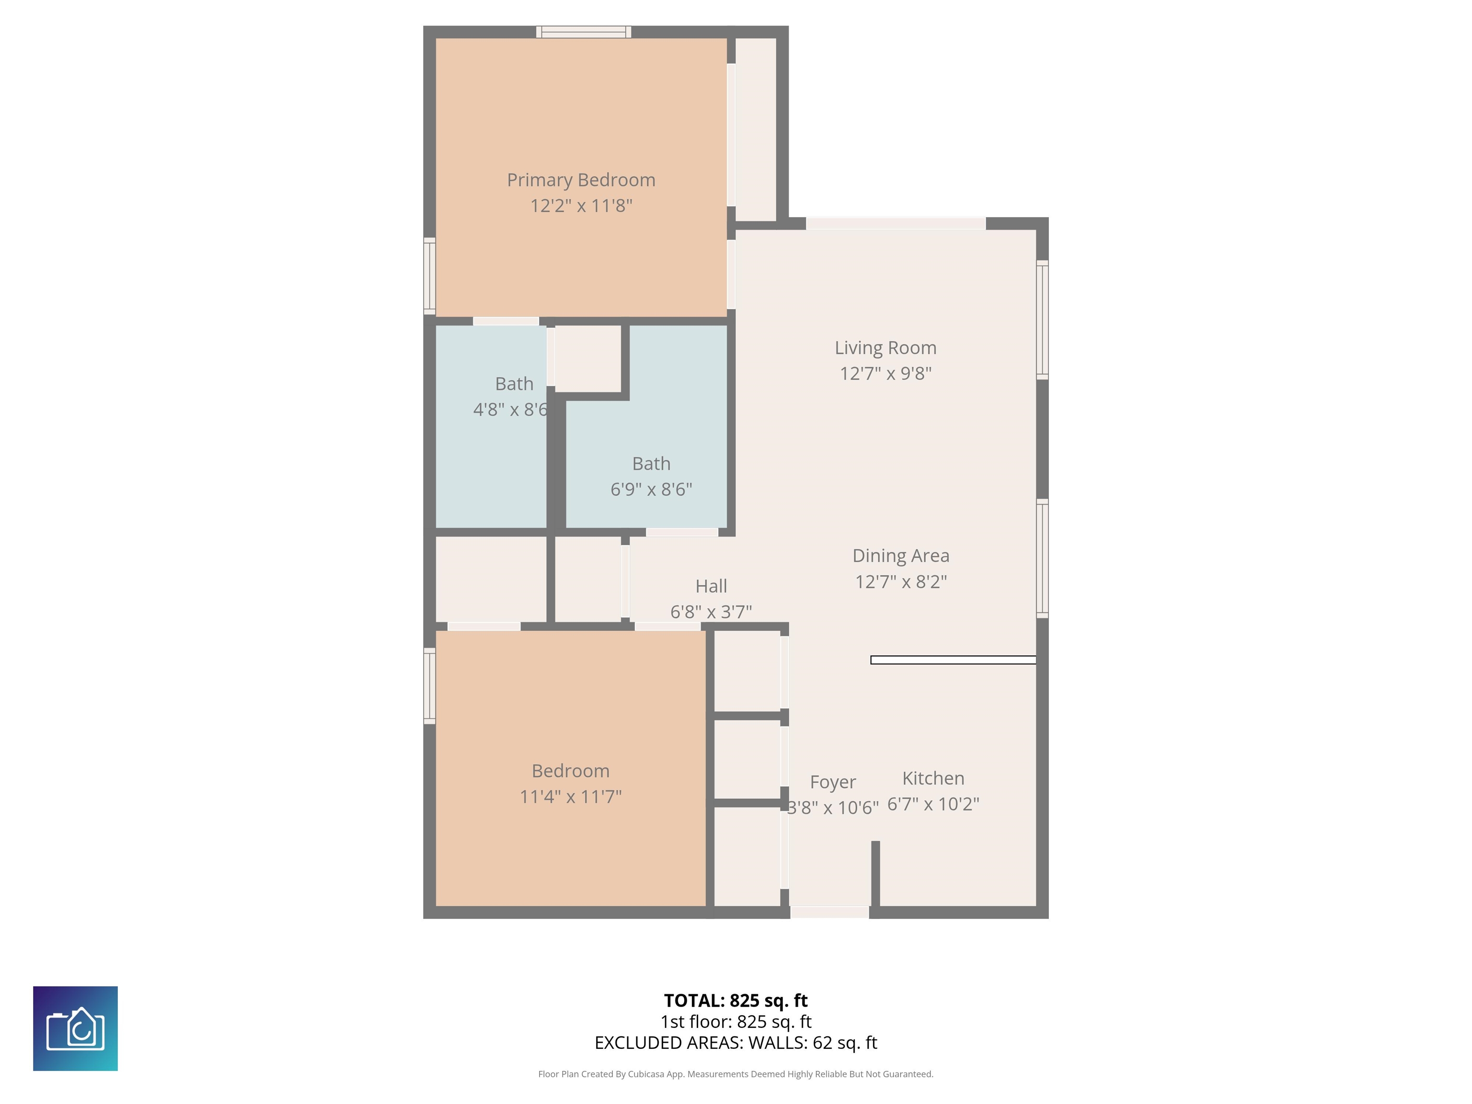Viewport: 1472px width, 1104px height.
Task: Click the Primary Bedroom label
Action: coord(581,180)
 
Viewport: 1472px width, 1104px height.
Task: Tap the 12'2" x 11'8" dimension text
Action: coord(581,206)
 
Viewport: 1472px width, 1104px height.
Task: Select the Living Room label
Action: coord(885,347)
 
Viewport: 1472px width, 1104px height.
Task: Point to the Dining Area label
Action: coord(900,556)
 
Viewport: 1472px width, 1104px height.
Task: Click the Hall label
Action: coord(711,586)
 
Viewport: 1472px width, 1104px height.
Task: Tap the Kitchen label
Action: coord(933,778)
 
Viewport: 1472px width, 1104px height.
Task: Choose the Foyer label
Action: coord(832,782)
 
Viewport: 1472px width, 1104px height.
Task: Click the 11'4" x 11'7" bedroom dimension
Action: coord(570,796)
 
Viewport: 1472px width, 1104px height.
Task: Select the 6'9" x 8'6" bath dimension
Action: coord(651,490)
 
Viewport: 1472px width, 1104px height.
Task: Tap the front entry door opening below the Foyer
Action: coord(829,912)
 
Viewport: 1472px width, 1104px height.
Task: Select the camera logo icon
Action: coord(75,1029)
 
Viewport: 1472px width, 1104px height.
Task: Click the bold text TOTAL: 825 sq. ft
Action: coord(736,1000)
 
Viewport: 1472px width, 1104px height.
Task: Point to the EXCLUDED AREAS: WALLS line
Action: coord(736,1043)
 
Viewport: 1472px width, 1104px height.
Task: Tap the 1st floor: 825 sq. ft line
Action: coord(736,1022)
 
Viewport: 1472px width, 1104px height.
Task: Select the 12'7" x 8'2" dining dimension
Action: coord(900,582)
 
